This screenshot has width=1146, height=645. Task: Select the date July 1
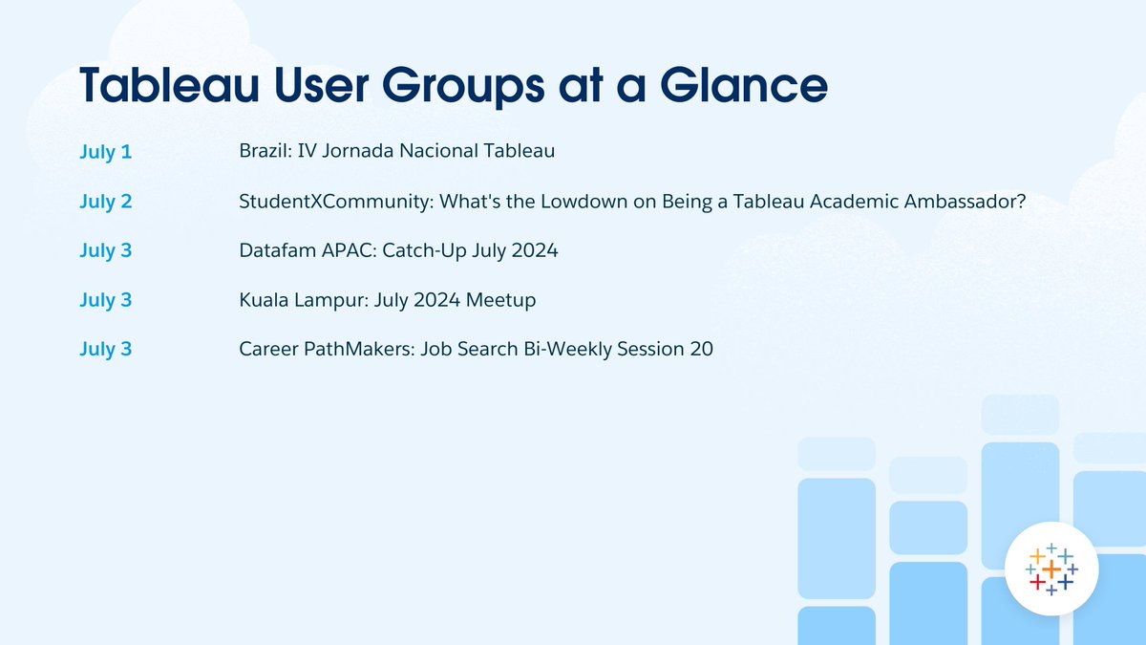(105, 152)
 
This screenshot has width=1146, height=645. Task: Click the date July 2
(106, 202)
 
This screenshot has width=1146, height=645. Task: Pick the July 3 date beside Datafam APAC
(106, 251)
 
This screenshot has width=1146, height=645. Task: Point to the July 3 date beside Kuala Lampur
(106, 300)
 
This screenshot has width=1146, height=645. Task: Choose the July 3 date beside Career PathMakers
(106, 350)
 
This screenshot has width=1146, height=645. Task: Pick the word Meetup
(501, 301)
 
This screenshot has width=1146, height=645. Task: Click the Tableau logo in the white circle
(1050, 570)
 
